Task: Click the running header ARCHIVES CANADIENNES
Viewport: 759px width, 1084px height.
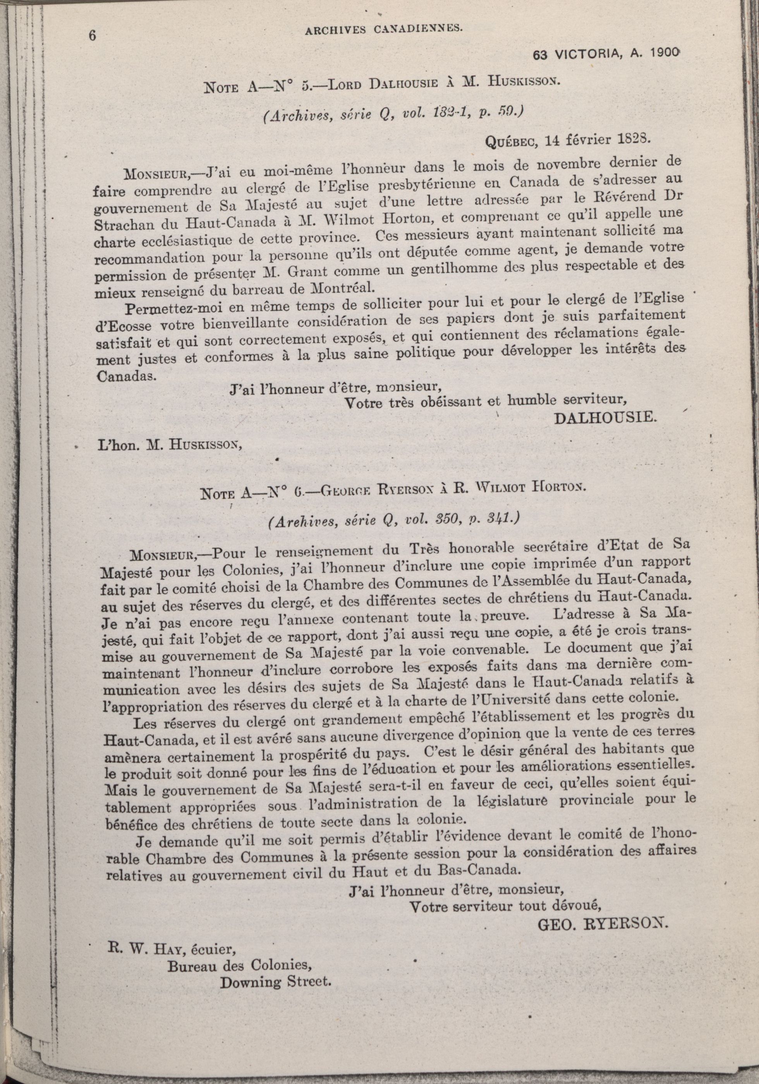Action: [x=384, y=29]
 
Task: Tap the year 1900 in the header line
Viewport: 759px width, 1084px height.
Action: [x=665, y=53]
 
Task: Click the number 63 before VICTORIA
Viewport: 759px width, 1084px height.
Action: [x=539, y=55]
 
